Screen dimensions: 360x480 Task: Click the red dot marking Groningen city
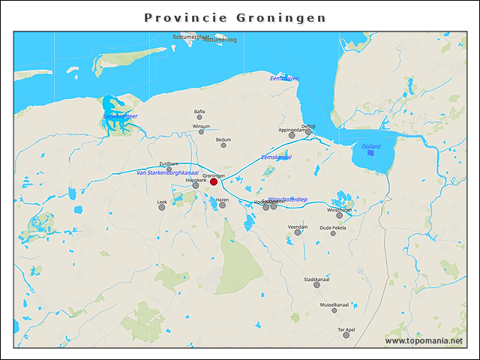(214, 181)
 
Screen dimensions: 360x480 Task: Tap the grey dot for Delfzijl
(308, 131)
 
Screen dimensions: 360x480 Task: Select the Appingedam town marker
(292, 135)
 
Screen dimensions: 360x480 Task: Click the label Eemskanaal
(276, 157)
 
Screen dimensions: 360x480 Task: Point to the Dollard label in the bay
(370, 146)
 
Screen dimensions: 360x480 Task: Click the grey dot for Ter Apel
(346, 335)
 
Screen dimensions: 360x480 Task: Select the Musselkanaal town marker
(334, 310)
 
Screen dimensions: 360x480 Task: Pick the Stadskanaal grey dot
(317, 285)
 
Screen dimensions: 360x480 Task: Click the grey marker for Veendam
(298, 232)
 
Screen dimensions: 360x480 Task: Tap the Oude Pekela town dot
(333, 233)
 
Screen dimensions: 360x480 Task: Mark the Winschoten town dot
(340, 215)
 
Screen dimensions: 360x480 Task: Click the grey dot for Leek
(162, 208)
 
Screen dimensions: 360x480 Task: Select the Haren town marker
(222, 205)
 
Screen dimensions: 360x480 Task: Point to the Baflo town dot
(199, 117)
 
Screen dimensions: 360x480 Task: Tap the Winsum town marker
(201, 132)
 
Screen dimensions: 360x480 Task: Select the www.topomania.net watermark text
(423, 341)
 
